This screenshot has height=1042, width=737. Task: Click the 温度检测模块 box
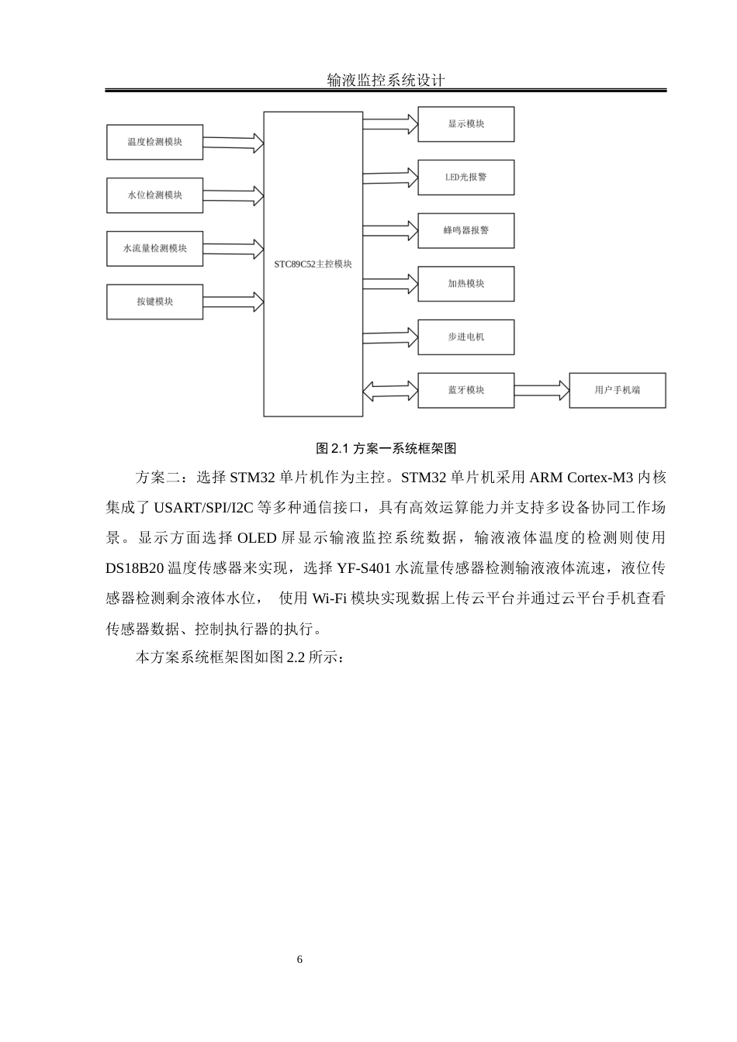[154, 142]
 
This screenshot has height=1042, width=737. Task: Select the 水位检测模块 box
[154, 195]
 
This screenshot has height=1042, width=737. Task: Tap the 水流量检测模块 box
[154, 249]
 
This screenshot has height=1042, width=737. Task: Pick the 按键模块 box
[154, 302]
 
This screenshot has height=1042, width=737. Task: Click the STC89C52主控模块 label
[313, 264]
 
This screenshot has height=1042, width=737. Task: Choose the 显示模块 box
[465, 124]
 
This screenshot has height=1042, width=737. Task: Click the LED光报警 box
[465, 178]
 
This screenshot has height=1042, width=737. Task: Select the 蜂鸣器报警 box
[465, 230]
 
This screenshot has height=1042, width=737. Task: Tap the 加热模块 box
[465, 284]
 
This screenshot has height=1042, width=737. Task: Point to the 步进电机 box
[465, 337]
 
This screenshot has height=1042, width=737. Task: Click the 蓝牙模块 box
[465, 390]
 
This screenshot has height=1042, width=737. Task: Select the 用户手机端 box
[617, 390]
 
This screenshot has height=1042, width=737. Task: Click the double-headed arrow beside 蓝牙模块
[390, 391]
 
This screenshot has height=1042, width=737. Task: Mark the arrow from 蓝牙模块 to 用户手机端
[542, 390]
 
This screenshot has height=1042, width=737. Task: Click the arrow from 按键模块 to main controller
[233, 300]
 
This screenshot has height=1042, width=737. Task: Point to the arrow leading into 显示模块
[390, 122]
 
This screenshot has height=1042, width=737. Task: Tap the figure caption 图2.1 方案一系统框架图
[386, 448]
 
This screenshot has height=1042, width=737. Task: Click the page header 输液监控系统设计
[386, 80]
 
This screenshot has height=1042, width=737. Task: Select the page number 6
[300, 960]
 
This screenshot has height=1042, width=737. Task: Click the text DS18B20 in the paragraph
[135, 568]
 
